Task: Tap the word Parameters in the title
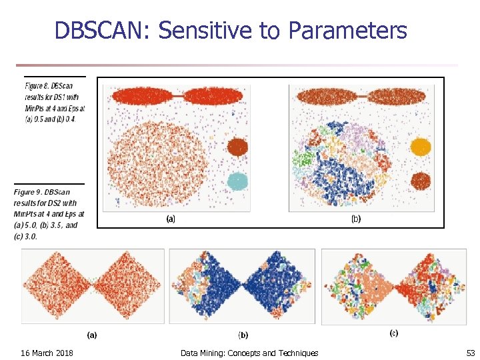(x=347, y=31)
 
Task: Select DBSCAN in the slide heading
(x=103, y=31)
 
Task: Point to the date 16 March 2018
(x=47, y=352)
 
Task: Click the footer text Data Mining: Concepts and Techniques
(x=249, y=352)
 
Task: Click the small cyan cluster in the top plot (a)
(x=237, y=180)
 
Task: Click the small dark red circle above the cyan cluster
(x=237, y=147)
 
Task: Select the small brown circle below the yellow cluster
(x=420, y=180)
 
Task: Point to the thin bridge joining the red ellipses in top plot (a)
(x=179, y=97)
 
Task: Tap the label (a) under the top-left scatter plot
(x=171, y=219)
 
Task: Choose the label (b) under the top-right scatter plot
(x=355, y=219)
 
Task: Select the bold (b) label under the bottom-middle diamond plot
(x=243, y=335)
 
